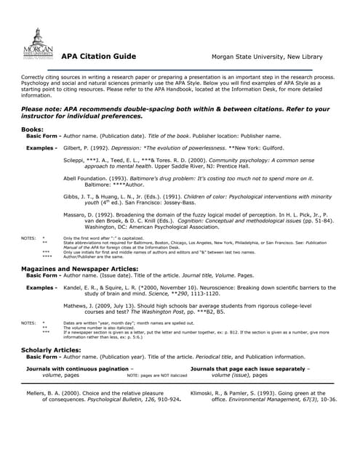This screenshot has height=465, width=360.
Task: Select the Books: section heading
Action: coord(33,129)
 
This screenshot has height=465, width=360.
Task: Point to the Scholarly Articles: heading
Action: coord(52,349)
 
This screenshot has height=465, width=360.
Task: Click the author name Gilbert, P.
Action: coord(78,147)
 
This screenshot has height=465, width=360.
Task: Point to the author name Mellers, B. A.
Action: coord(43,393)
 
